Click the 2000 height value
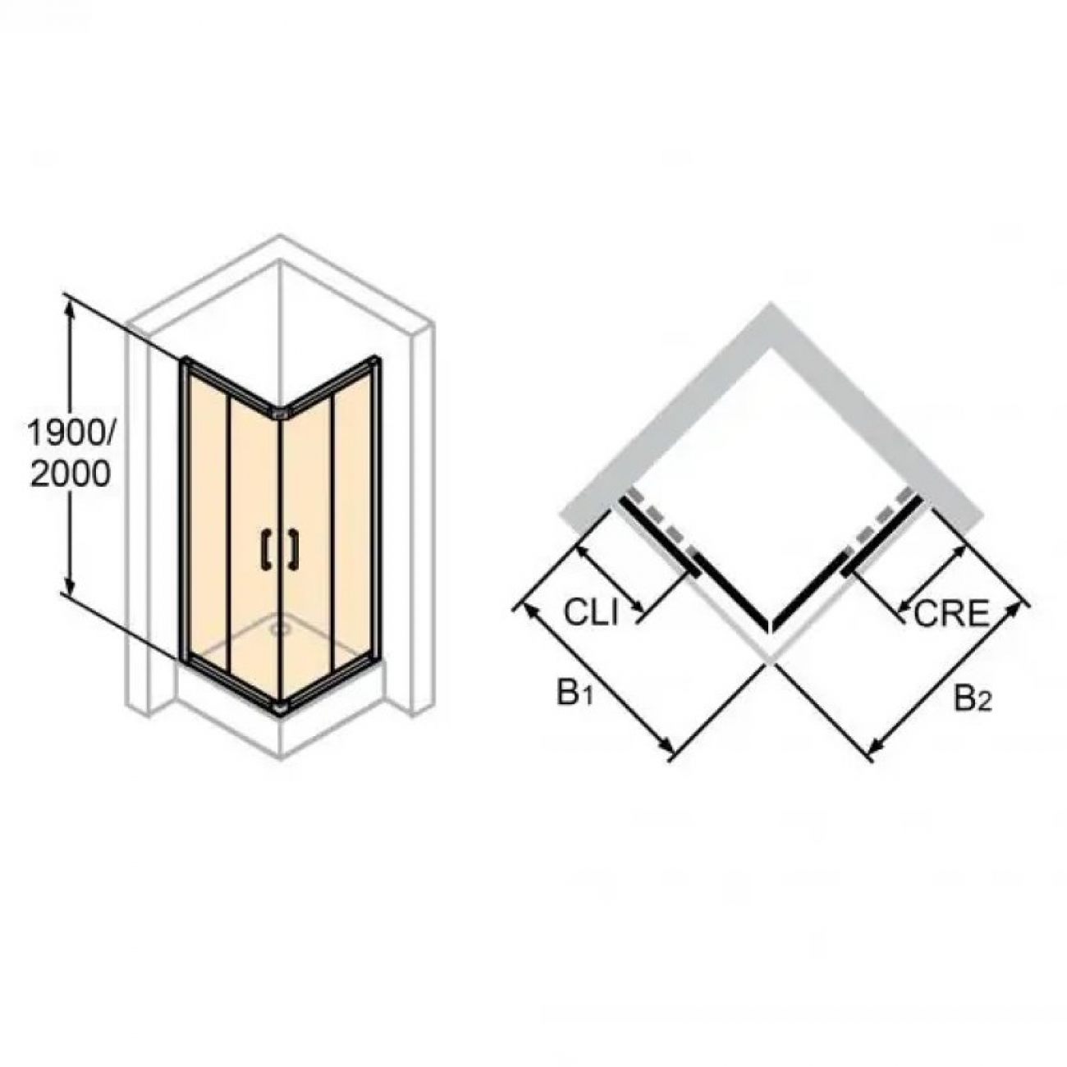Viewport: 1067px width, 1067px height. (x=71, y=474)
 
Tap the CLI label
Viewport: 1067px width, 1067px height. (x=590, y=612)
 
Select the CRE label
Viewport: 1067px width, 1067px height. (x=950, y=613)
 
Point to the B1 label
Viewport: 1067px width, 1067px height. (x=575, y=694)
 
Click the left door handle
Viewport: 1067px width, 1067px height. (x=267, y=549)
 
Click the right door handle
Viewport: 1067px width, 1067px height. (x=294, y=549)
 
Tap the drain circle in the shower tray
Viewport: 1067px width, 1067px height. (x=278, y=629)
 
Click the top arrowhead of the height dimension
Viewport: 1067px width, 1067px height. (x=70, y=308)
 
